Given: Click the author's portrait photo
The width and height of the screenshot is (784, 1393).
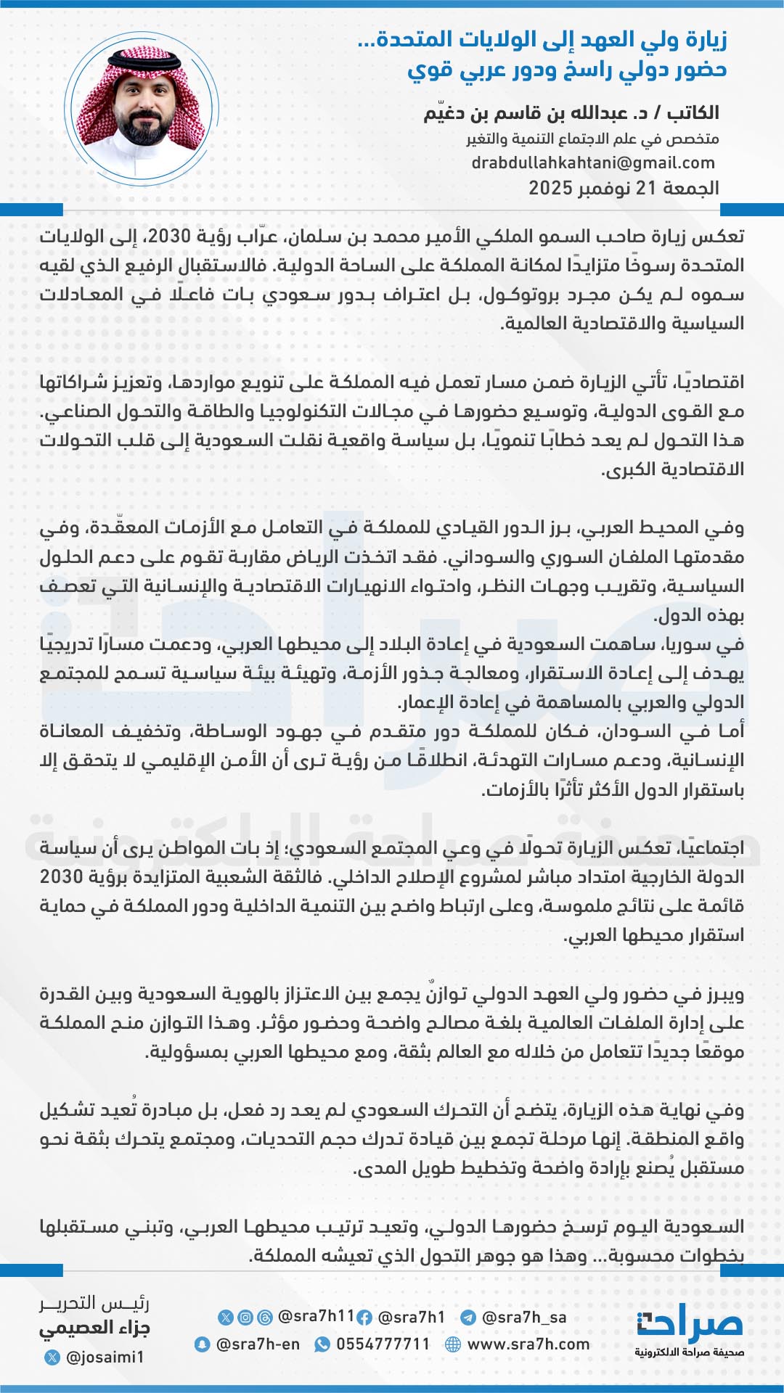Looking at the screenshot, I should click(141, 107).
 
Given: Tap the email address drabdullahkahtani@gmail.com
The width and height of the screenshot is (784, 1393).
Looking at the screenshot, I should click(593, 163).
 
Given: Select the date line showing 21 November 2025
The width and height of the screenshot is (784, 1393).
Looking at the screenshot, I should click(624, 188).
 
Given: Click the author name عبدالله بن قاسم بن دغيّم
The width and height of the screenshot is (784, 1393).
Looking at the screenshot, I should click(526, 113).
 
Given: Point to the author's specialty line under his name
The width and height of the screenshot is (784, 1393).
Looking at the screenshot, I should click(592, 139).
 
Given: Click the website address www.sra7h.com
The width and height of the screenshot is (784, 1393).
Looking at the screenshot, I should click(528, 1344).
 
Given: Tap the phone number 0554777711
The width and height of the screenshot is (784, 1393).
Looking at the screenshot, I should click(383, 1344).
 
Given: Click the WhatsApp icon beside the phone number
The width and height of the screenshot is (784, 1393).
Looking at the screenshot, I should click(322, 1344).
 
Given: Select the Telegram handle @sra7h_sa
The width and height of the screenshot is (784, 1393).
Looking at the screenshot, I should click(523, 1317).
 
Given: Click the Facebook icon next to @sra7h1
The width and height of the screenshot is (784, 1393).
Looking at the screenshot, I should click(365, 1318).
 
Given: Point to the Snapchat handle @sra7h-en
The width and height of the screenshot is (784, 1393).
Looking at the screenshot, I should click(258, 1344).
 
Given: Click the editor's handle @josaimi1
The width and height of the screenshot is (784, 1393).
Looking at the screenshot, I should click(105, 1357).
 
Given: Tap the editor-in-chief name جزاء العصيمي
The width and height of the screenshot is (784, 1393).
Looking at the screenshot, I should click(94, 1328).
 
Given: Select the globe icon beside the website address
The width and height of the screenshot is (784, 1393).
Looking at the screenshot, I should click(453, 1344).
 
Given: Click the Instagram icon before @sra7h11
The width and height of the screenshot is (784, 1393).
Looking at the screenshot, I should click(246, 1317).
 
